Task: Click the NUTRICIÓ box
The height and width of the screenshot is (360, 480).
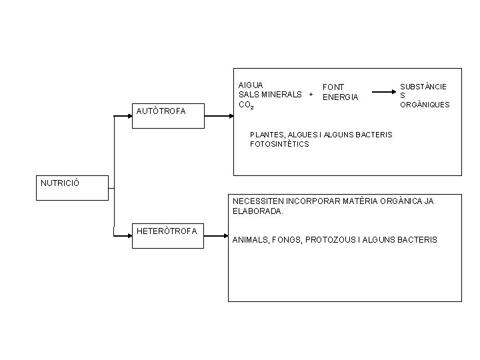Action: click(x=71, y=188)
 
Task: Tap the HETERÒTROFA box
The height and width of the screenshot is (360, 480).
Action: click(x=168, y=236)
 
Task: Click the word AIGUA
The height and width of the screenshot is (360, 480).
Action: click(x=251, y=85)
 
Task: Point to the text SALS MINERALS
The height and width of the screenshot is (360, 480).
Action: click(x=271, y=95)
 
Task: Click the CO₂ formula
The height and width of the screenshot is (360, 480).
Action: click(x=245, y=105)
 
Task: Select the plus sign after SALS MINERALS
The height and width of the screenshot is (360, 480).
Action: click(x=311, y=95)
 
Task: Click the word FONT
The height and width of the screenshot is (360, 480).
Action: click(x=333, y=87)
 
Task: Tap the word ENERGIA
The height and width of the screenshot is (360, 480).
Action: click(x=340, y=97)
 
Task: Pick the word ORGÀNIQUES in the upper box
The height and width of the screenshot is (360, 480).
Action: click(x=425, y=105)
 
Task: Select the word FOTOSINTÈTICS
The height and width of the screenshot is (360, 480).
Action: click(x=279, y=144)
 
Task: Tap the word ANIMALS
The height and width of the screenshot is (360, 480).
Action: click(x=251, y=239)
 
